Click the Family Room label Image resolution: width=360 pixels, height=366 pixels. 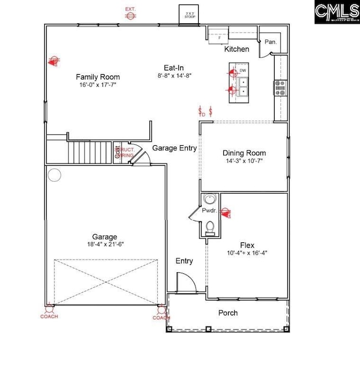pos(97,77)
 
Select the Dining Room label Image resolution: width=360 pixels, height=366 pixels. pos(244,153)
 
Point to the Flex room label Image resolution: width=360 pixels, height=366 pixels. pos(247,244)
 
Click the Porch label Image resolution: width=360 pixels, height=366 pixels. pos(228,313)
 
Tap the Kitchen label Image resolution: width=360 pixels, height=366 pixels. pos(236,49)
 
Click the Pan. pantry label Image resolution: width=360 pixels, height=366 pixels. pos(270,42)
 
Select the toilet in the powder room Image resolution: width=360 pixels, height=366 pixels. pos(210,227)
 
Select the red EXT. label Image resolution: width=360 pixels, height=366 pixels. pos(131,9)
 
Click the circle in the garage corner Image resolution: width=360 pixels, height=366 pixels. pos(54,175)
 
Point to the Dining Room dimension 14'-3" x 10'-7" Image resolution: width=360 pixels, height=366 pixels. pos(244,162)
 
